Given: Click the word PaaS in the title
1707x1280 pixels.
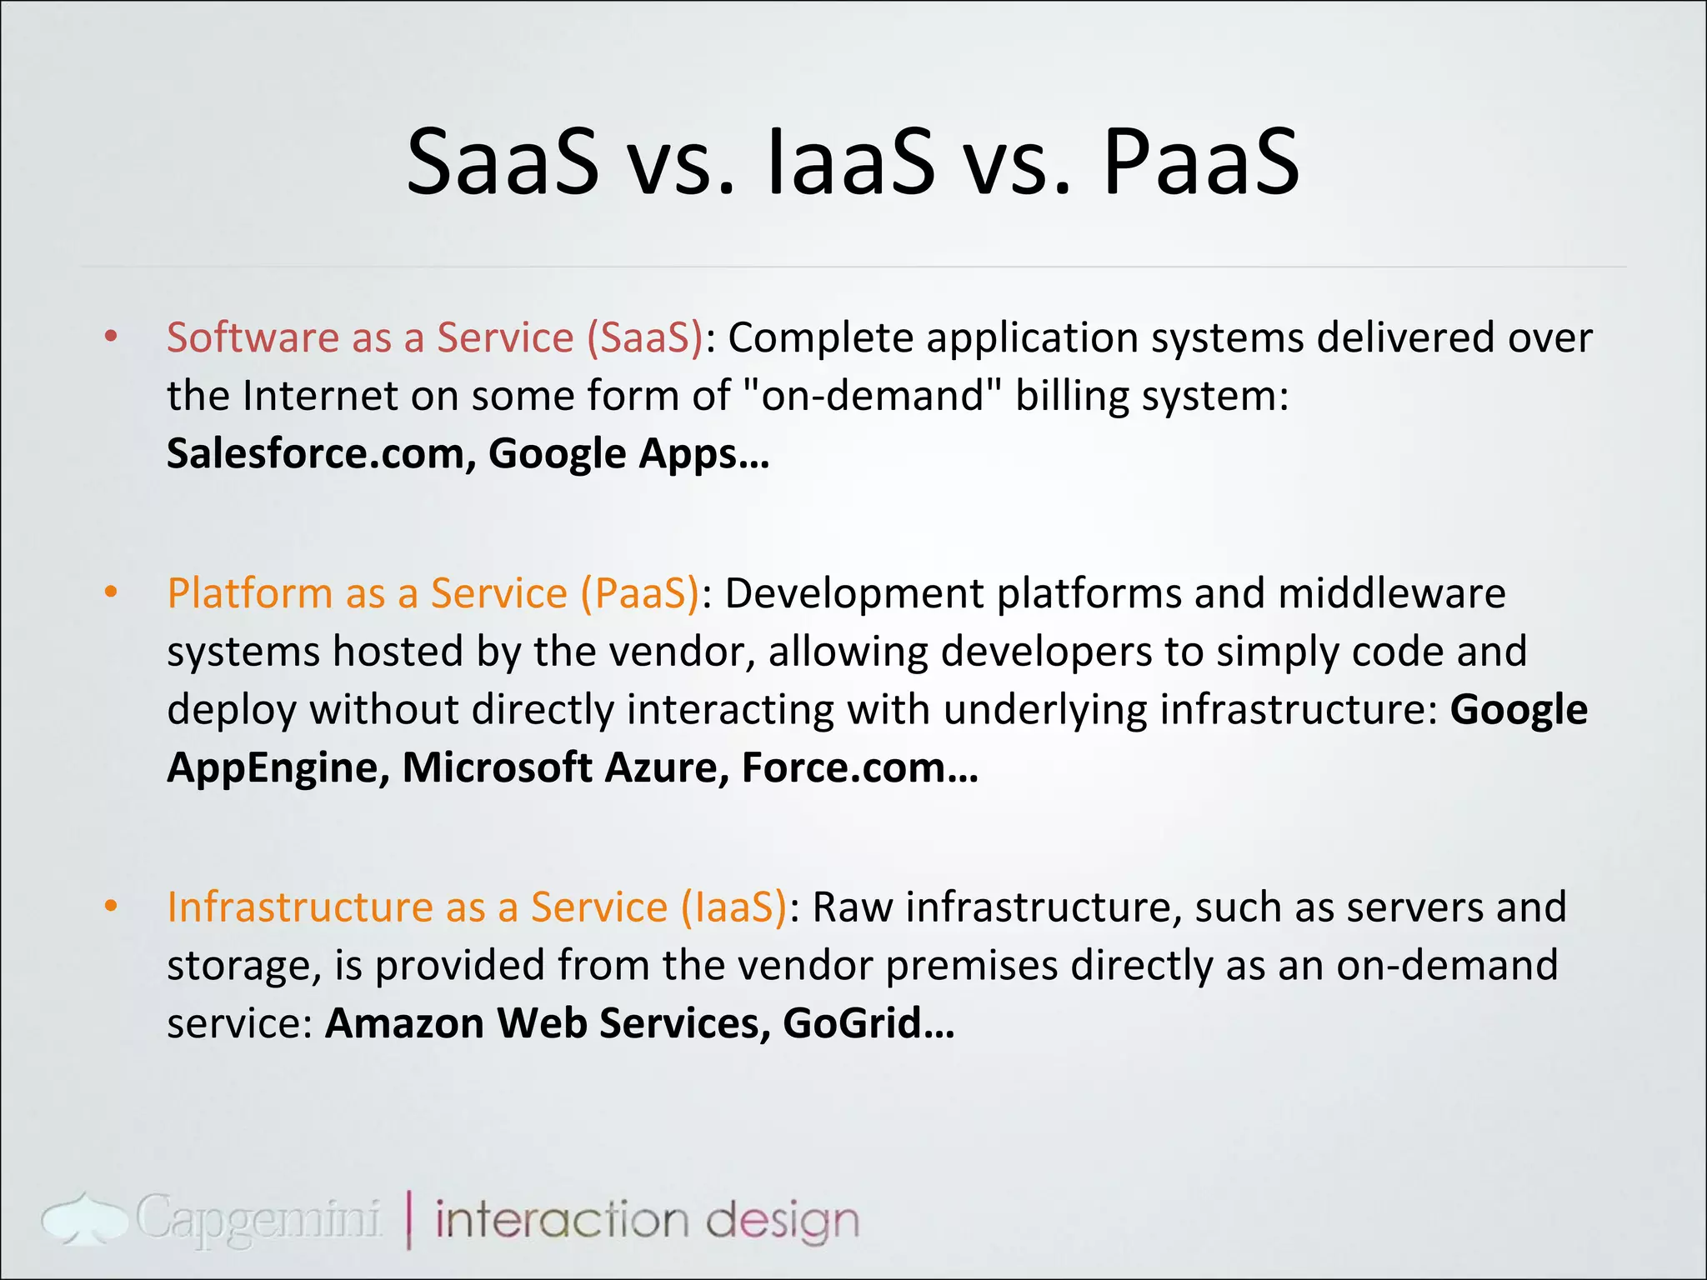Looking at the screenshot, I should (1200, 162).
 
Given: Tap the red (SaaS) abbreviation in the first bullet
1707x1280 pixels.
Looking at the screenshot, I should (644, 337).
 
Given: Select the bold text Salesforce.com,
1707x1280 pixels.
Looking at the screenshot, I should (322, 454).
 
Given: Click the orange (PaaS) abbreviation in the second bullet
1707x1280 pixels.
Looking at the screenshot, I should (640, 593).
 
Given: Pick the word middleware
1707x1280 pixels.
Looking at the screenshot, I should (1391, 593).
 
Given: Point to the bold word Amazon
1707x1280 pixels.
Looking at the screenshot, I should (404, 1023).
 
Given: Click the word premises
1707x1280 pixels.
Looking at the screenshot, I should (971, 965).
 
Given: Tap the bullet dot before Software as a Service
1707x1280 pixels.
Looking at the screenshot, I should (111, 337).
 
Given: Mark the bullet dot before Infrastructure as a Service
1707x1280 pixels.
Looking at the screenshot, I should (111, 907).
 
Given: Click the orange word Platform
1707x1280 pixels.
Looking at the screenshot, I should (250, 593).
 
